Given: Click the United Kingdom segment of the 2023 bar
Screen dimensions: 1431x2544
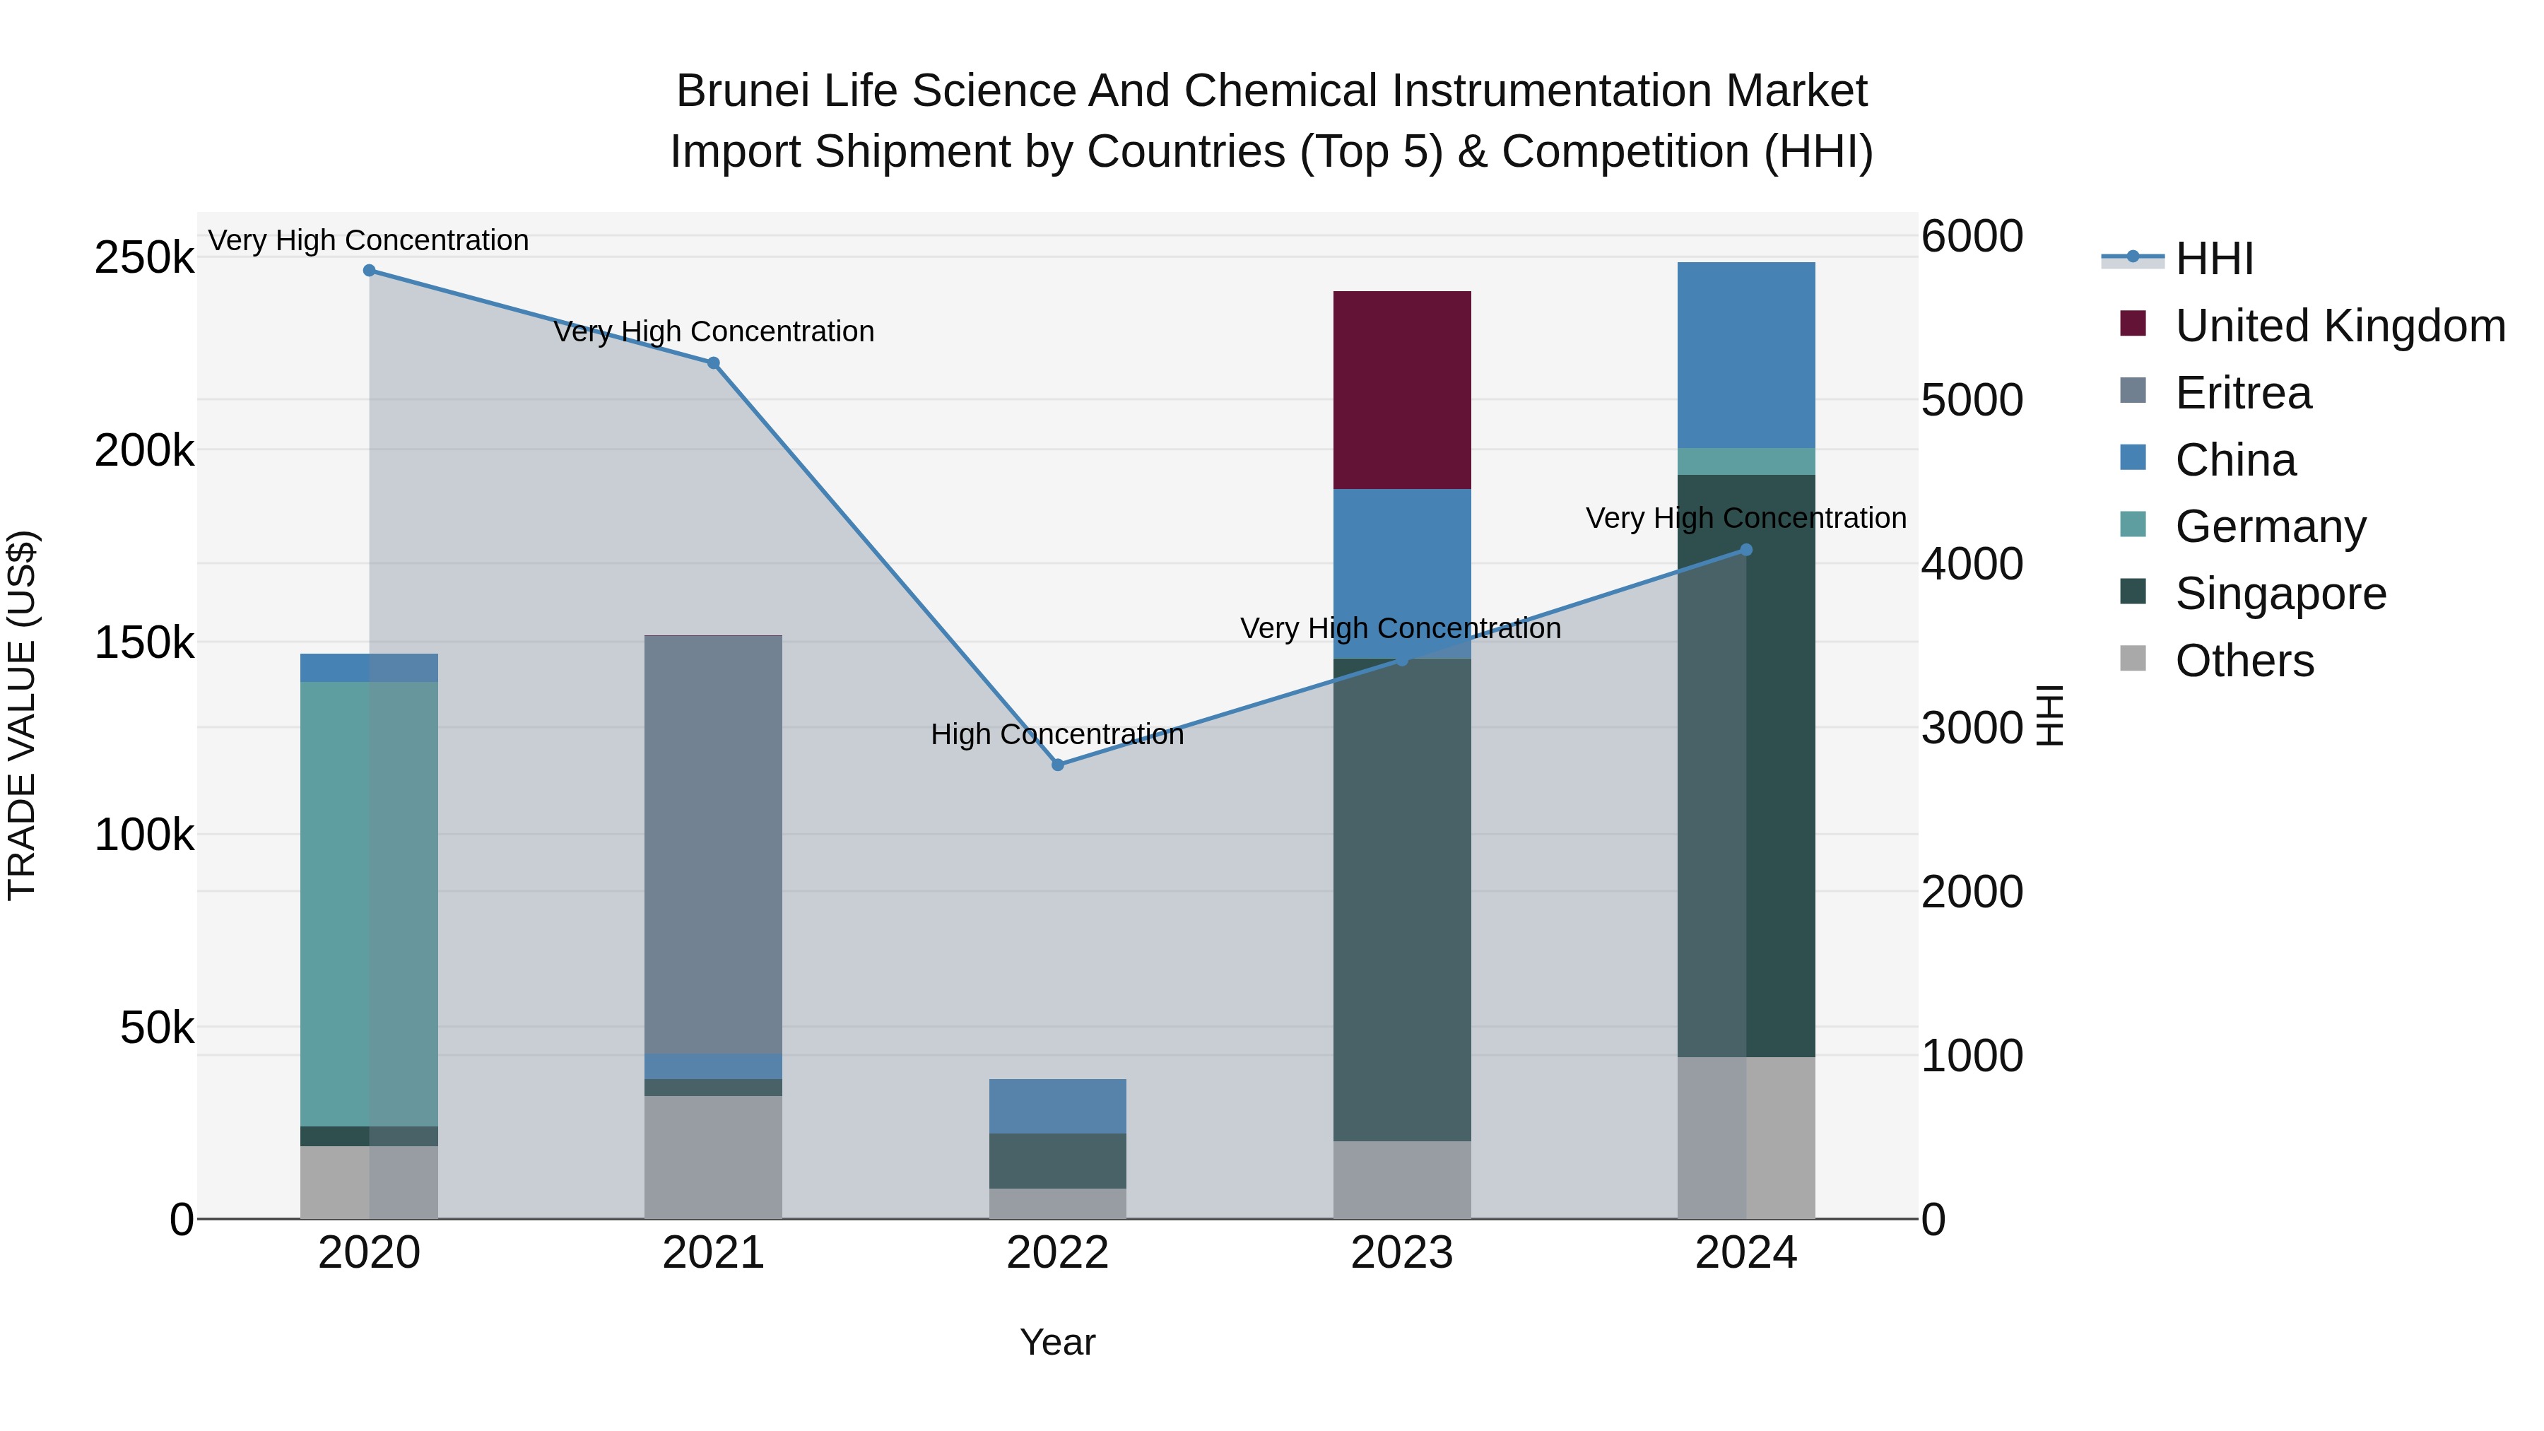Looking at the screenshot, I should click(x=1401, y=389).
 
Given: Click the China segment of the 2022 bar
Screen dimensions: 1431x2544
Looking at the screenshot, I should click(x=1058, y=1105).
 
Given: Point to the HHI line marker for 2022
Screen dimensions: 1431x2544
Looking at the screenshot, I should click(x=1058, y=765).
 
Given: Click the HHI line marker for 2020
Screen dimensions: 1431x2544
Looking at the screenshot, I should click(x=370, y=270).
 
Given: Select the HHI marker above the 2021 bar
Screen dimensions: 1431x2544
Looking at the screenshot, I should click(x=713, y=363).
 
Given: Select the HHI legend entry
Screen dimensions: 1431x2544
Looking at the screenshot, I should click(x=2213, y=259).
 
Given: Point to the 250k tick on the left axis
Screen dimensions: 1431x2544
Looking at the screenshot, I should click(x=144, y=258).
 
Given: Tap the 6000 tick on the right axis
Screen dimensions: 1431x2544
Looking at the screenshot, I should click(x=1971, y=236).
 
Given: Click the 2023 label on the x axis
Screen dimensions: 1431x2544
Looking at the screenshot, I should click(x=1401, y=1253).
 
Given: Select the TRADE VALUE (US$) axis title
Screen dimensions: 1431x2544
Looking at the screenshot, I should click(x=22, y=715).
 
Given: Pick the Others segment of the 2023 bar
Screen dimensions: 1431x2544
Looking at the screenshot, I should click(x=1401, y=1179).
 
